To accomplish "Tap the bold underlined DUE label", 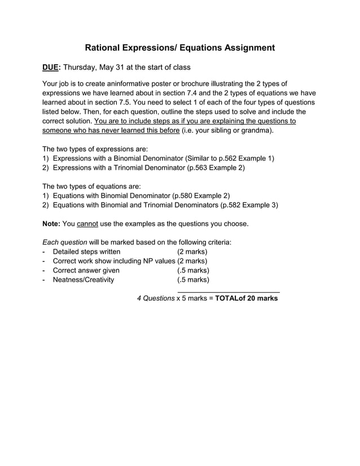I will pos(50,68).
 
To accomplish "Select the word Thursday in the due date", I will pos(80,68).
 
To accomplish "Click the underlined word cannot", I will pos(87,223).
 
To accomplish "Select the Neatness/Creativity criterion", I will pos(83,279).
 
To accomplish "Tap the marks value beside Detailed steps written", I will pos(192,251).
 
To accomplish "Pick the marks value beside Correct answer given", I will pos(193,270).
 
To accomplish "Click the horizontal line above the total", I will pos(229,291).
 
